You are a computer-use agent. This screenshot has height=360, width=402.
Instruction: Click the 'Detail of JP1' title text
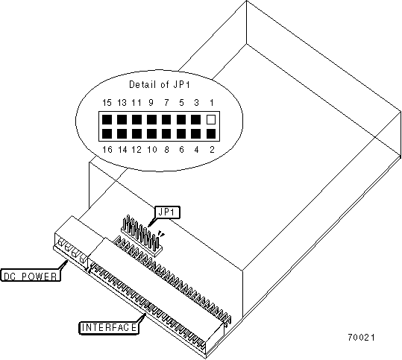159,84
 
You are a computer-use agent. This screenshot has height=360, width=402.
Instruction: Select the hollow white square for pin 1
211,120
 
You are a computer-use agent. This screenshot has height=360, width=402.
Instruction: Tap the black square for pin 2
211,133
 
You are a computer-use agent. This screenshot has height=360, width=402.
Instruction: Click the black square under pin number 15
107,120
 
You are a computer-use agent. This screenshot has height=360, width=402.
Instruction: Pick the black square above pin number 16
107,133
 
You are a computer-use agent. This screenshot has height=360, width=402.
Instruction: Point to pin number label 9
151,103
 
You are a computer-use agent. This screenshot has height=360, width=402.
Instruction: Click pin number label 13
122,103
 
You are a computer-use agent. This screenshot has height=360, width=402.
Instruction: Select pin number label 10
152,149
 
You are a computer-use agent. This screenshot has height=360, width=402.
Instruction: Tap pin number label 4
196,149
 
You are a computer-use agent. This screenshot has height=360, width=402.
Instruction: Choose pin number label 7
166,103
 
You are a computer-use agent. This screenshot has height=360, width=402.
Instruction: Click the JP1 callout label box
167,212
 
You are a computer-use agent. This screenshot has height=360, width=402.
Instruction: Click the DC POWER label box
31,276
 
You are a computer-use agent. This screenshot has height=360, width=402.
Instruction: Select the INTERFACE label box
109,328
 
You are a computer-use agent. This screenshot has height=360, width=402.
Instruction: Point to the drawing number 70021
361,338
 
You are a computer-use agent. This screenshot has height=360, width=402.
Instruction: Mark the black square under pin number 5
181,120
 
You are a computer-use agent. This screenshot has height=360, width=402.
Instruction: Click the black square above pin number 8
166,133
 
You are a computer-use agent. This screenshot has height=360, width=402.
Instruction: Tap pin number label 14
122,149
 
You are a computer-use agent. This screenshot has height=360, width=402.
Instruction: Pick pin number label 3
196,103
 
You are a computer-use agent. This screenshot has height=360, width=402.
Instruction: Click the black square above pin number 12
136,133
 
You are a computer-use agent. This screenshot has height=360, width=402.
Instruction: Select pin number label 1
212,103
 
